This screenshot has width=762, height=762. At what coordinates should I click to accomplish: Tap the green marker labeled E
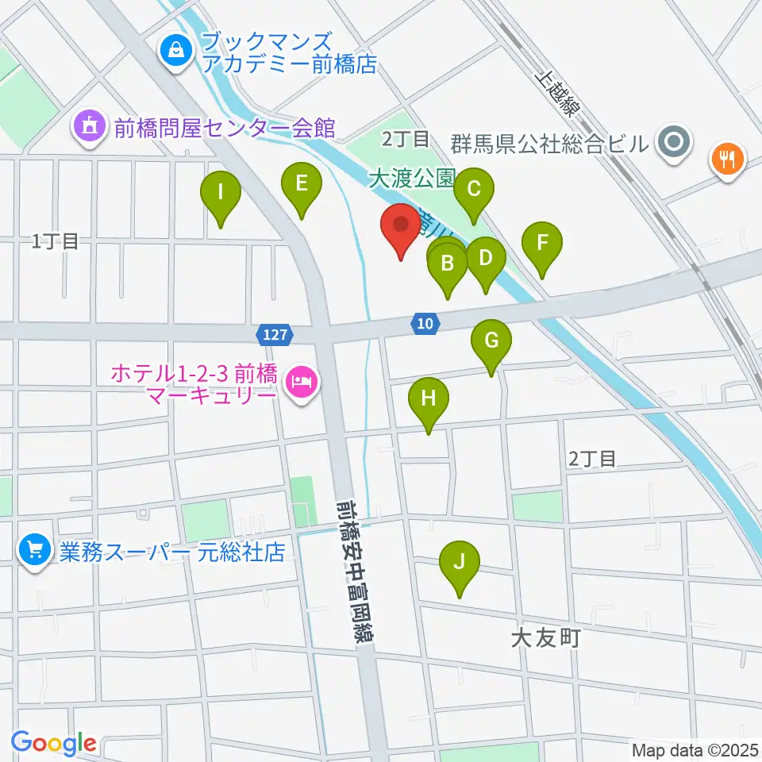tap(302, 184)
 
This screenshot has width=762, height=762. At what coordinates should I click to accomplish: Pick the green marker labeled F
tap(542, 243)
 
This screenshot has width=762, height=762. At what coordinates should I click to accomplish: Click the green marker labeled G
tap(491, 341)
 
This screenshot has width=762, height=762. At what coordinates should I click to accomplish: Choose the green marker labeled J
tap(459, 562)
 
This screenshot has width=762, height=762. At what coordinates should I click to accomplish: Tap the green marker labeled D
tap(485, 258)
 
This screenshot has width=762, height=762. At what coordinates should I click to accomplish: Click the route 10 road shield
tap(424, 322)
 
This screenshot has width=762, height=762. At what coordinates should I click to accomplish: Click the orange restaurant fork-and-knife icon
tap(726, 156)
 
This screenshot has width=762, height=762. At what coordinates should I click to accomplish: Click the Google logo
tap(53, 743)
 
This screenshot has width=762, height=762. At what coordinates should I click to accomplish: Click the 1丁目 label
tap(56, 242)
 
